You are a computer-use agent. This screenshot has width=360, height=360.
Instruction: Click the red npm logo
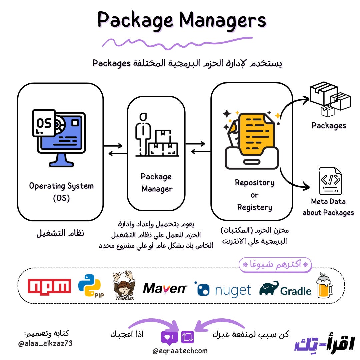pyautogui.click(x=49, y=286)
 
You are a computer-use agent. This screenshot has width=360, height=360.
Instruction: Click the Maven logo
pyautogui.click(x=165, y=288)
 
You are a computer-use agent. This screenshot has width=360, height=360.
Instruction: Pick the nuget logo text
pyautogui.click(x=233, y=290)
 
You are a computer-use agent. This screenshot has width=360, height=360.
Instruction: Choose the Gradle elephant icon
pyautogui.click(x=269, y=288)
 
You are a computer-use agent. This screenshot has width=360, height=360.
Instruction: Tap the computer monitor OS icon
pyautogui.click(x=60, y=137)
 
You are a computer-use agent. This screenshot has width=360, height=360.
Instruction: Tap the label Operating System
pyautogui.click(x=61, y=186)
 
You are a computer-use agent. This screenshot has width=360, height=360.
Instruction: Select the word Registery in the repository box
pyautogui.click(x=254, y=207)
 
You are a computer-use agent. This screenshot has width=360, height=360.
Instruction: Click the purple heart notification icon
pyautogui.click(x=168, y=338)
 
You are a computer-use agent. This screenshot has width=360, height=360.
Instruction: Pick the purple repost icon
pyautogui.click(x=187, y=337)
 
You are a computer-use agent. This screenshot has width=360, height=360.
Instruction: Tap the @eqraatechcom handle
pyautogui.click(x=180, y=351)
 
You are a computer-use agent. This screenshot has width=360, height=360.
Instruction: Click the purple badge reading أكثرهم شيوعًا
pyautogui.click(x=275, y=265)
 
